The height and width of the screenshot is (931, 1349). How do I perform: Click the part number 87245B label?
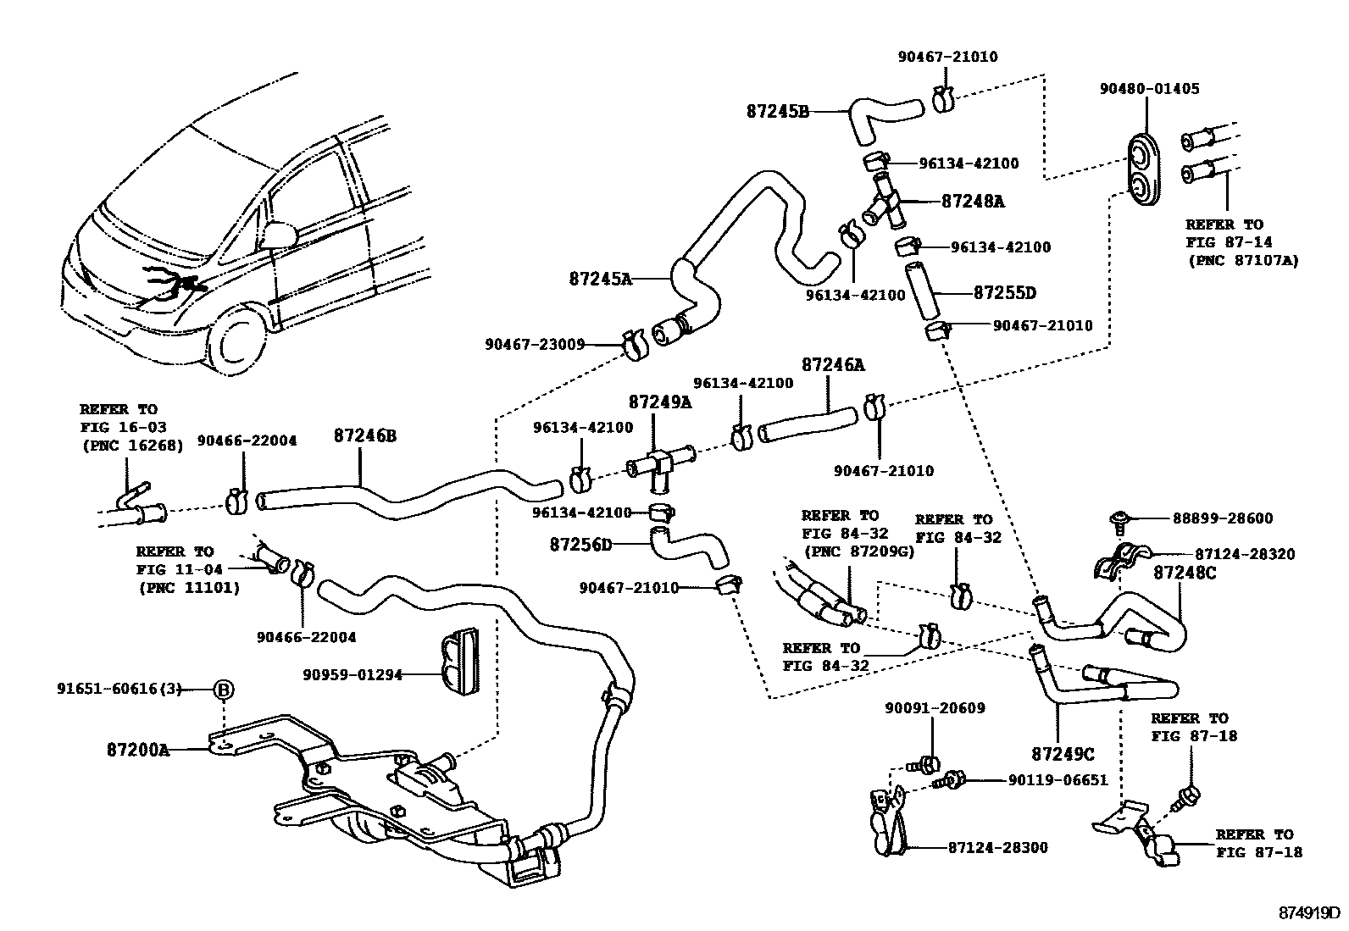[x=778, y=111]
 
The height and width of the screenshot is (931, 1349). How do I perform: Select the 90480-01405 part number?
[x=1149, y=89]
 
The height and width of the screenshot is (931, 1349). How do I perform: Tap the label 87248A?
[x=973, y=202]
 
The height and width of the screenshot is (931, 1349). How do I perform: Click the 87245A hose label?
[x=600, y=278]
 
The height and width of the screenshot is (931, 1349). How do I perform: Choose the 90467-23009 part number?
[x=535, y=344]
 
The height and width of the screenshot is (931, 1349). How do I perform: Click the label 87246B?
[x=364, y=436]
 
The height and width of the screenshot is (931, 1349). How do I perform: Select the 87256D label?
[x=580, y=544]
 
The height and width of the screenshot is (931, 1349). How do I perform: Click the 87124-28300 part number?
[x=997, y=847]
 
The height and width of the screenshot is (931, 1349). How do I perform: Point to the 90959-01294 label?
[x=353, y=675]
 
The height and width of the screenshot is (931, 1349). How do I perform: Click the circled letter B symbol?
[x=223, y=690]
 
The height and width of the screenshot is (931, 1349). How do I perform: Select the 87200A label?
[x=138, y=750]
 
